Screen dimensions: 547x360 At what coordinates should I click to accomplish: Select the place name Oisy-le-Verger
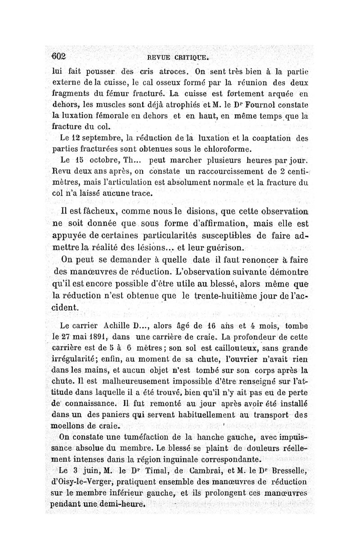(x=76, y=482)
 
